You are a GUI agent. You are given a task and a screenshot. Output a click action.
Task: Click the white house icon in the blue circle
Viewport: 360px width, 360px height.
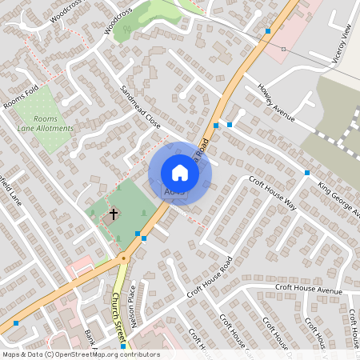180,172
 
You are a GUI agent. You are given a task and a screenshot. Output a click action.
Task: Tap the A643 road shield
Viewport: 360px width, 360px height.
174,192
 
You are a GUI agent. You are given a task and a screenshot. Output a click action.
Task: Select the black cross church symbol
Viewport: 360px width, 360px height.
114,214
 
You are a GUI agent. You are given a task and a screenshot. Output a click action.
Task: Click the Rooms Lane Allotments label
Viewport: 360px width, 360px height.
46,123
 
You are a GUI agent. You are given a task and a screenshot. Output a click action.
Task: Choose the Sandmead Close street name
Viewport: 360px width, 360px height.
141,108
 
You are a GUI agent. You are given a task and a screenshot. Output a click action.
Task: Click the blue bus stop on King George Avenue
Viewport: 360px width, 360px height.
306,173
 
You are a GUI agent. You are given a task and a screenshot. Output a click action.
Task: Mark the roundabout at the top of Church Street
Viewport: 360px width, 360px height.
123,258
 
